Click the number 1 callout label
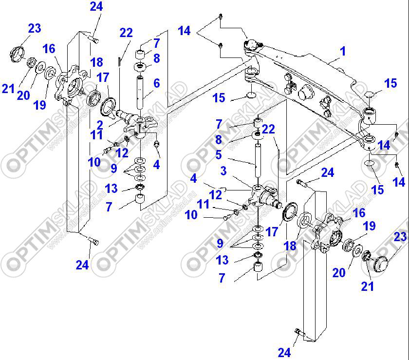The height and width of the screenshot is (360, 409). point(343,51)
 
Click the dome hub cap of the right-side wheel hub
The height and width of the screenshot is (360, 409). point(378,266)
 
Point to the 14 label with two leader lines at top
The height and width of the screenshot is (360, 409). point(184,31)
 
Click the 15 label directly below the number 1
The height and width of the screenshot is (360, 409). point(390,83)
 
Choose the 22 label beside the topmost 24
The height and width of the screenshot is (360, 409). point(126,33)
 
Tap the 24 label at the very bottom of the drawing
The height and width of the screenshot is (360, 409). point(284,352)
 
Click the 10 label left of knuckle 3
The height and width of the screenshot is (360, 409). point(191,214)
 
